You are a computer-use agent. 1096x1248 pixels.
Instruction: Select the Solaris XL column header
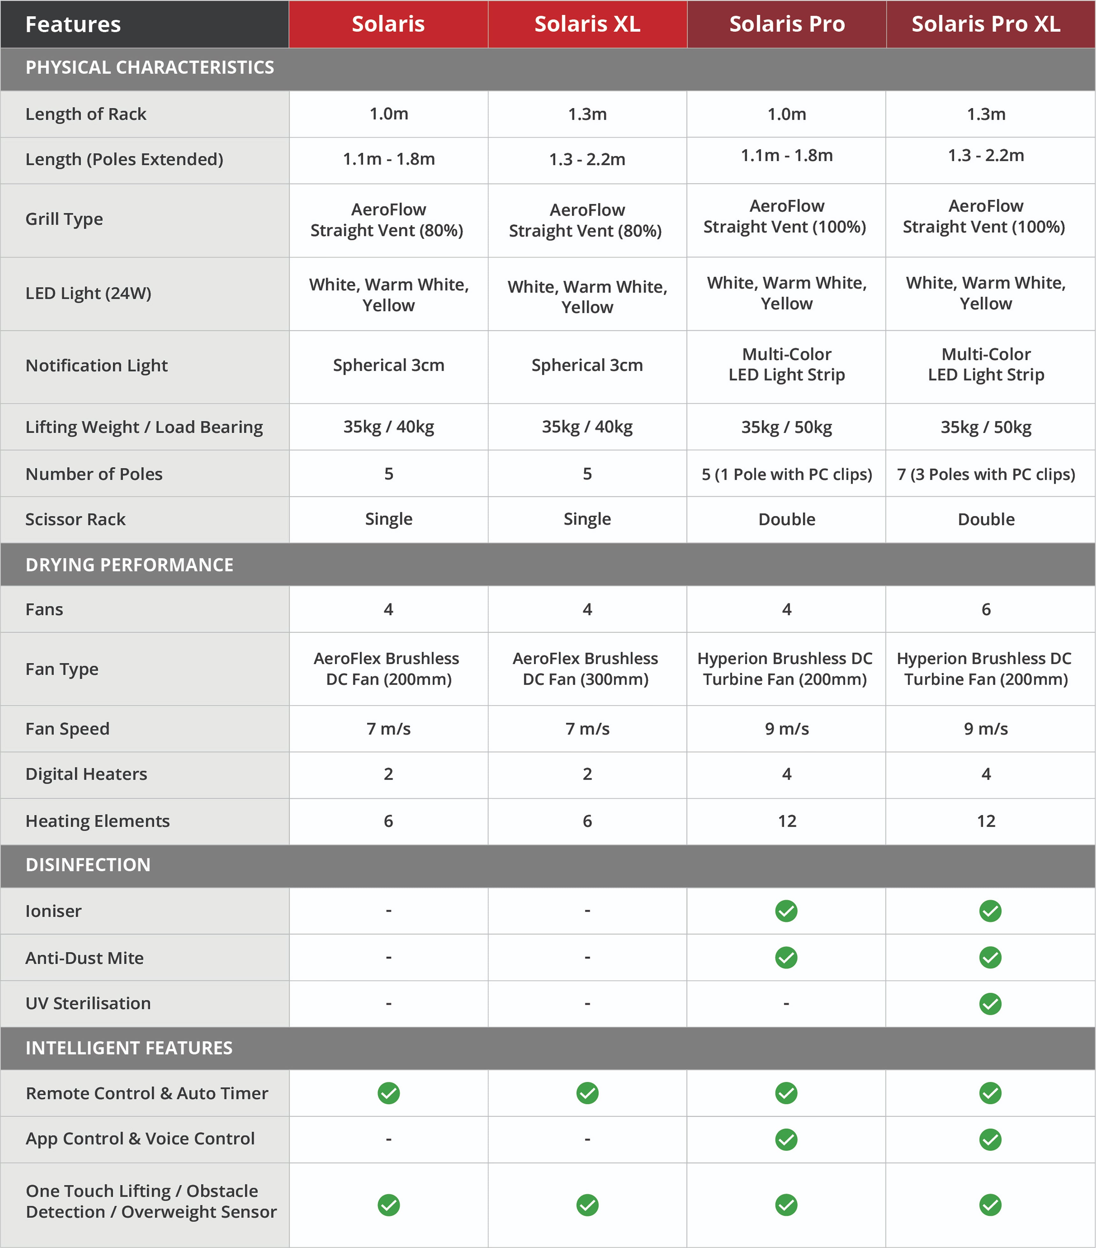(587, 24)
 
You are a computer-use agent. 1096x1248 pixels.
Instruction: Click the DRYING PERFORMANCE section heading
(129, 565)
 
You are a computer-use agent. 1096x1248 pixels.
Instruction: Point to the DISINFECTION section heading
(88, 865)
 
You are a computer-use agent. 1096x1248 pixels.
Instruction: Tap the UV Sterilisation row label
(88, 1003)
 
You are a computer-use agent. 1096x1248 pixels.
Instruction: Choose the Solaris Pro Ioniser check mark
(786, 911)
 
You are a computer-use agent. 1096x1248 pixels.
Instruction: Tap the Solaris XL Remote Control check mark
(587, 1093)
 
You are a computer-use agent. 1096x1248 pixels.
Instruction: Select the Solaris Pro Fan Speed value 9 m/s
(787, 729)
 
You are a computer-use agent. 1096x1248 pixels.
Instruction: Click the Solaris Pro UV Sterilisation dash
(786, 1003)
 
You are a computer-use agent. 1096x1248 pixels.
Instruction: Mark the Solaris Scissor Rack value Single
(389, 519)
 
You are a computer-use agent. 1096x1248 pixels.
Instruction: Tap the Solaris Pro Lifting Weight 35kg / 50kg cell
(787, 427)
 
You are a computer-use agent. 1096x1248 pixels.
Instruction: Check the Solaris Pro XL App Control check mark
(990, 1139)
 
